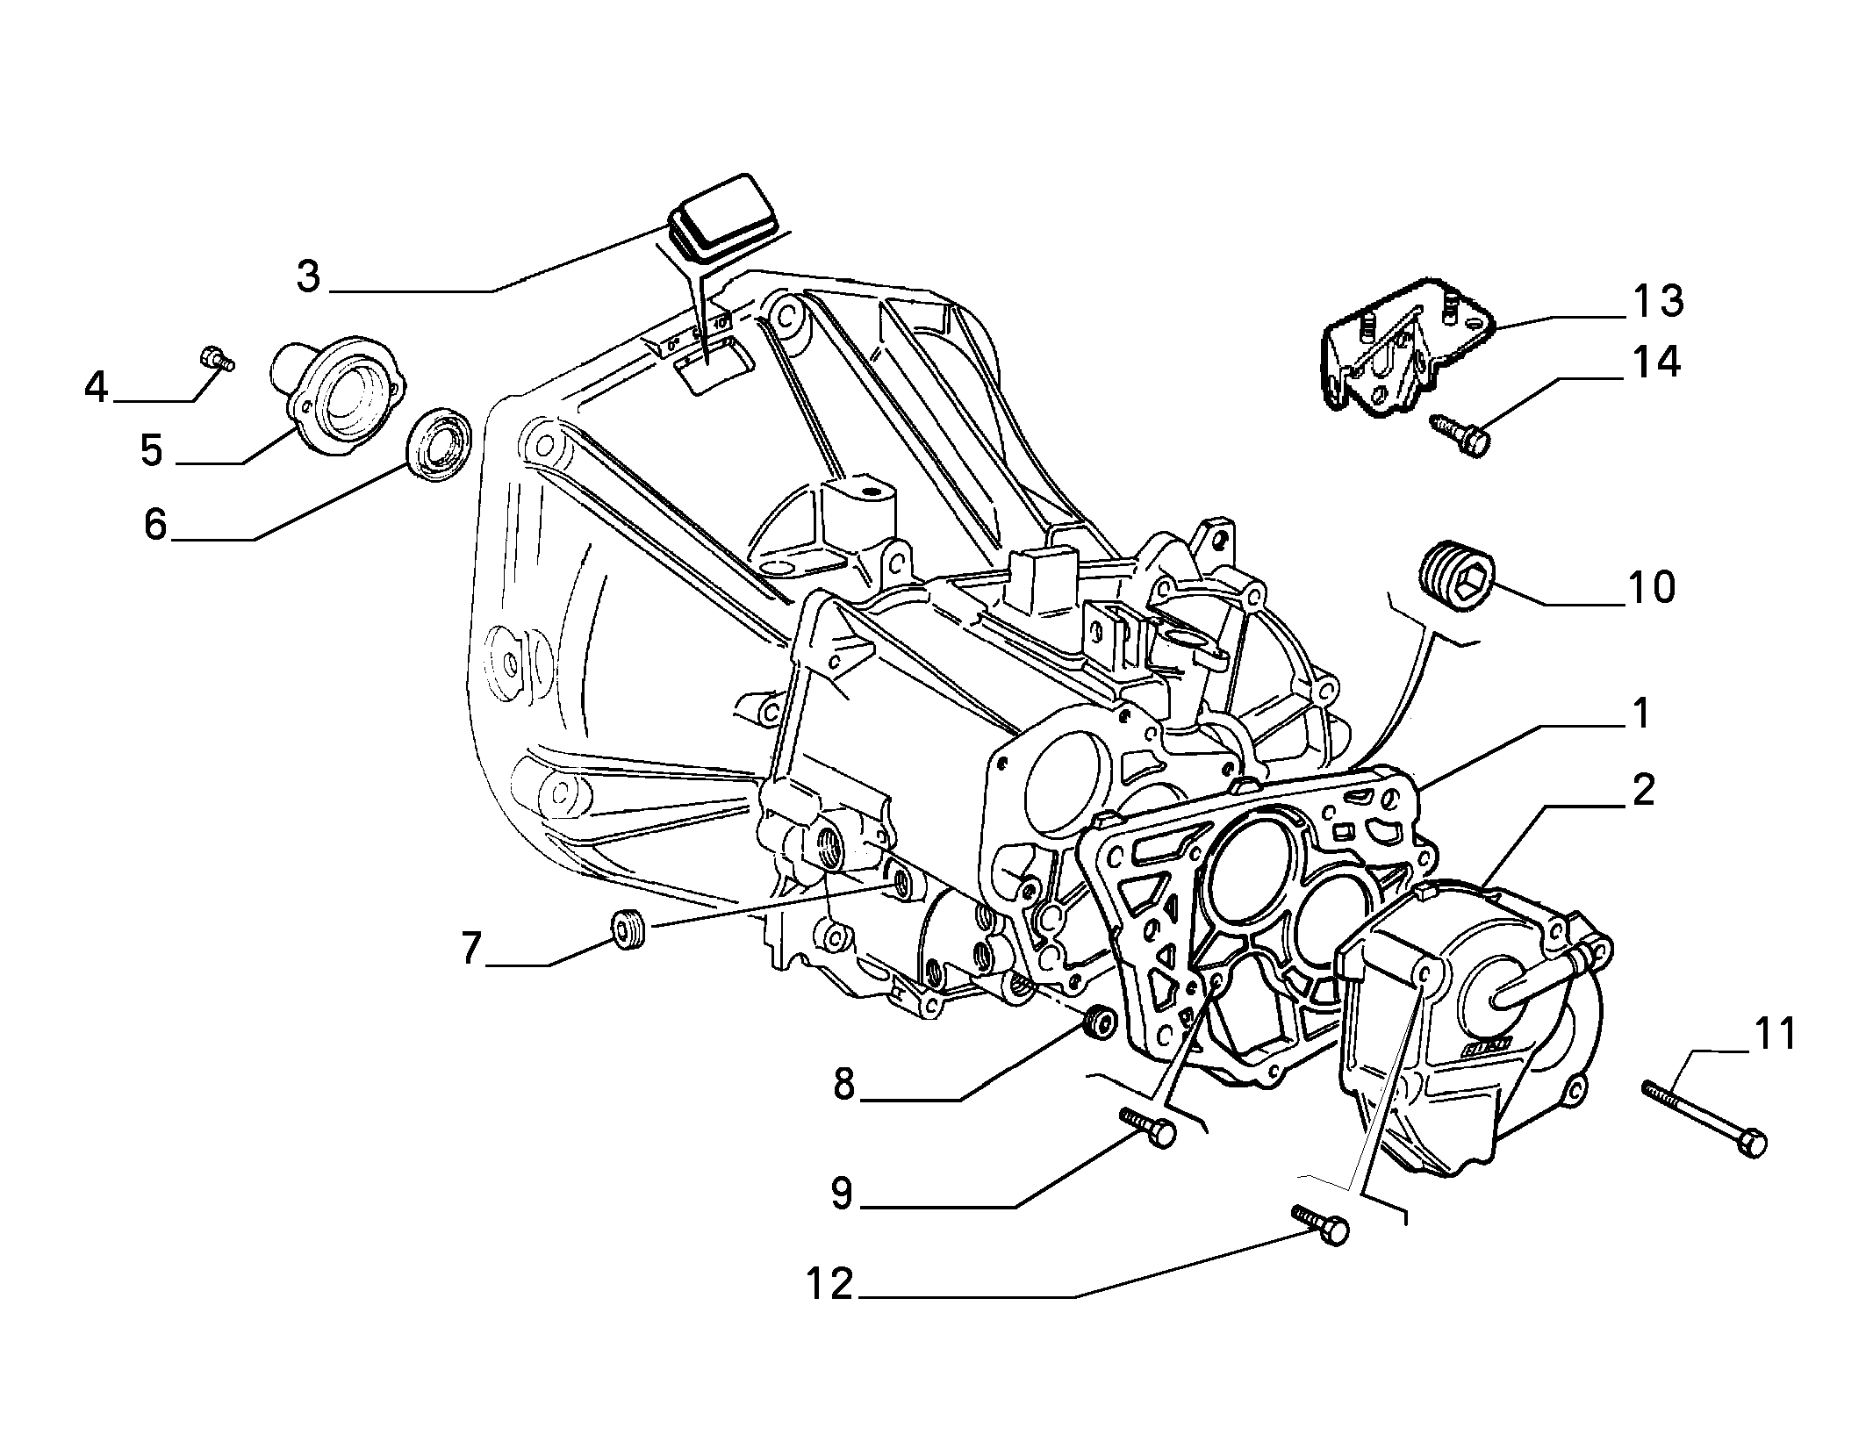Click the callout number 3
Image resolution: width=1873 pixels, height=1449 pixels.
click(308, 277)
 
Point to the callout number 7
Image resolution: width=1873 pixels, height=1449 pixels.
click(472, 949)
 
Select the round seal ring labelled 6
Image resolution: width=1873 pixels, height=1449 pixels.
click(440, 443)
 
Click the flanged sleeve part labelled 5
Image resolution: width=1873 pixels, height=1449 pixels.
click(338, 395)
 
